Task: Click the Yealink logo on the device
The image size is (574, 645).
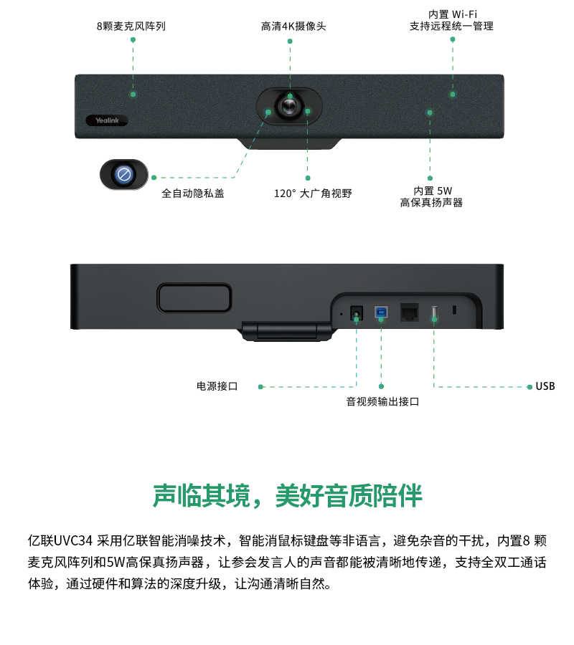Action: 107,120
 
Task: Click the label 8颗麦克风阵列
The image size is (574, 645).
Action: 131,27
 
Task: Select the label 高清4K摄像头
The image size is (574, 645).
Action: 293,27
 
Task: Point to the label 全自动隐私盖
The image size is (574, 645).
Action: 193,193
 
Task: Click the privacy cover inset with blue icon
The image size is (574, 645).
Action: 124,174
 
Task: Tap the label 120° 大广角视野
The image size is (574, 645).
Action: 313,193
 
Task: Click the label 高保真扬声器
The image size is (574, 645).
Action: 431,202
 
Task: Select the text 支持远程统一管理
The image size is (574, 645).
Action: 452,27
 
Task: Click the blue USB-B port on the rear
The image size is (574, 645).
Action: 381,312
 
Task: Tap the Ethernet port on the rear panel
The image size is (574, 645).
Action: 409,312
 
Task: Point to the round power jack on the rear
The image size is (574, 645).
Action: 356,313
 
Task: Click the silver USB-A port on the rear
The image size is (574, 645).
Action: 434,313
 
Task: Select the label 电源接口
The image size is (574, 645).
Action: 217,386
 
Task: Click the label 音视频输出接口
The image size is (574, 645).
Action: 382,401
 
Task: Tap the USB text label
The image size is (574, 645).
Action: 545,386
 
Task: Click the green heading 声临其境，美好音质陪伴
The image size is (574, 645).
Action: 288,496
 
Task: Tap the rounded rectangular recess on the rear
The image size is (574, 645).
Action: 194,298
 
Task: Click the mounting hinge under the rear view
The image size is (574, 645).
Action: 287,331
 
